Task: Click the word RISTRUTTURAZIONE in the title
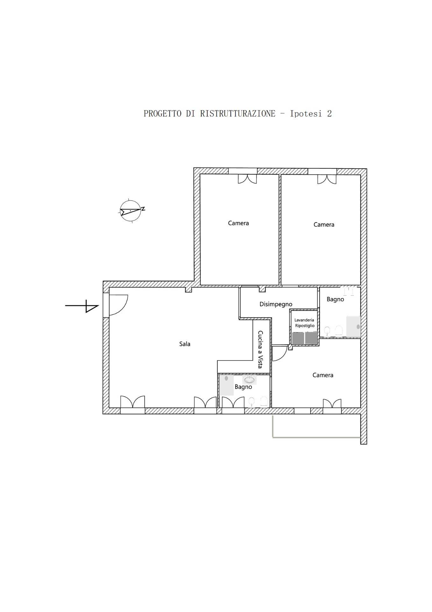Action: click(x=237, y=113)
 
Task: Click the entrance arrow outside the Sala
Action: click(x=82, y=306)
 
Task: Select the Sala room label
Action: click(x=185, y=344)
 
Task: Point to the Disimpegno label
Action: click(x=276, y=304)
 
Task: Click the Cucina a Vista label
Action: click(x=260, y=349)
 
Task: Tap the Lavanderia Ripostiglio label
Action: click(x=304, y=323)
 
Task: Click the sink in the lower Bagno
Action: click(x=250, y=380)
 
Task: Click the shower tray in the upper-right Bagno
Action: click(x=353, y=326)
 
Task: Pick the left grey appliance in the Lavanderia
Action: click(x=298, y=338)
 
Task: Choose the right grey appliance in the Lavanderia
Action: click(x=311, y=338)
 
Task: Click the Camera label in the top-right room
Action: click(x=324, y=225)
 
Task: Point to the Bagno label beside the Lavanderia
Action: click(x=335, y=300)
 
